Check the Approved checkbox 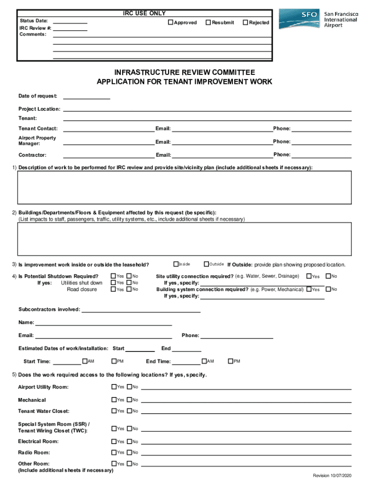pyautogui.click(x=170, y=23)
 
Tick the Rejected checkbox pyautogui.click(x=245, y=23)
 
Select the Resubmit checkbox pyautogui.click(x=208, y=23)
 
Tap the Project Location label pyautogui.click(x=39, y=109)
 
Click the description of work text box pyautogui.click(x=184, y=187)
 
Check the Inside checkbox pyautogui.click(x=176, y=264)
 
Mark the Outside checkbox pyautogui.click(x=206, y=264)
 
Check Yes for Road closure pyautogui.click(x=114, y=289)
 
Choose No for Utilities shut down pyautogui.click(x=129, y=283)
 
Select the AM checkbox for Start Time pyautogui.click(x=85, y=361)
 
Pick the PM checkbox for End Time pyautogui.click(x=231, y=361)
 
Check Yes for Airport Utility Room pyautogui.click(x=114, y=386)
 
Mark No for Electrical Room pyautogui.click(x=129, y=441)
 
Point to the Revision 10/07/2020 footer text pyautogui.click(x=332, y=475)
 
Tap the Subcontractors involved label pyautogui.click(x=49, y=309)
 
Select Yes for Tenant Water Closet pyautogui.click(x=114, y=410)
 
